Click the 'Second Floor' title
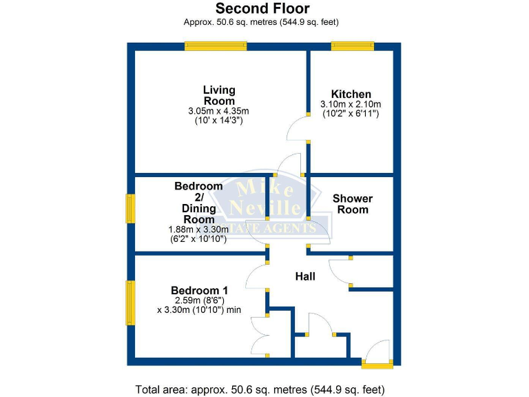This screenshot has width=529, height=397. click(x=262, y=9)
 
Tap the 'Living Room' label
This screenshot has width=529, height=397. click(x=219, y=95)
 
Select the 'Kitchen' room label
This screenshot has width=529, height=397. click(x=351, y=94)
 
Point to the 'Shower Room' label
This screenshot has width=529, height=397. click(x=353, y=204)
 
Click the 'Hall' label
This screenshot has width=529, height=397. click(x=305, y=276)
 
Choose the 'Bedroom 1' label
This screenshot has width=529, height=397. click(x=199, y=290)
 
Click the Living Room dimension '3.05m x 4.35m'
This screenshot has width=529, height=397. click(x=218, y=110)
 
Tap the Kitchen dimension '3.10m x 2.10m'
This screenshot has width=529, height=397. click(x=351, y=105)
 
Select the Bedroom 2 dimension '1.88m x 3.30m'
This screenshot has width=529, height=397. click(x=198, y=230)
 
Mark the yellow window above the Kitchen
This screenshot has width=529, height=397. click(x=352, y=46)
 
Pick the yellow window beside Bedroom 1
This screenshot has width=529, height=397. click(x=129, y=302)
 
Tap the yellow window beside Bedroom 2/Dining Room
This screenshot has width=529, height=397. click(x=129, y=208)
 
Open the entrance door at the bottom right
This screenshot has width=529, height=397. click(x=377, y=354)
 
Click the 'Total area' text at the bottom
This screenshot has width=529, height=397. click(x=264, y=388)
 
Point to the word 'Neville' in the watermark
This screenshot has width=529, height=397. click(x=267, y=207)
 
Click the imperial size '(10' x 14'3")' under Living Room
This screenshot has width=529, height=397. click(x=218, y=120)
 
